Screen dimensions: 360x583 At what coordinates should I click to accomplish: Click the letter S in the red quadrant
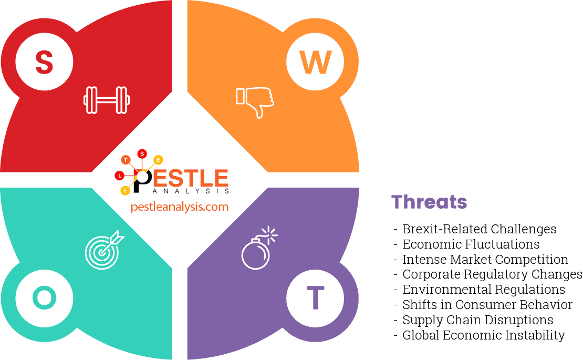point(44,62)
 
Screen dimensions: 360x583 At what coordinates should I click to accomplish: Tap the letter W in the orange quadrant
point(316,62)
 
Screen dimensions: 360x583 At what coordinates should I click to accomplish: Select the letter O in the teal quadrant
point(44,298)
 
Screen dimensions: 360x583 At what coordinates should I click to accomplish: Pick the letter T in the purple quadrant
point(315,298)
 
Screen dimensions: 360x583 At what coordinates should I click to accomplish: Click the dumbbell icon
point(107,100)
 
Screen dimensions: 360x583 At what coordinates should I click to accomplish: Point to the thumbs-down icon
point(255,101)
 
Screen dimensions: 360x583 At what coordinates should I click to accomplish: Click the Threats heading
point(429,202)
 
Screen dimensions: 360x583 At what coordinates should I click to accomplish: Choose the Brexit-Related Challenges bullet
point(479,229)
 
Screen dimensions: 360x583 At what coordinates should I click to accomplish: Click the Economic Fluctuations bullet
point(471,244)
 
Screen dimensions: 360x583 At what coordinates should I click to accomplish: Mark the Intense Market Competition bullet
point(485,260)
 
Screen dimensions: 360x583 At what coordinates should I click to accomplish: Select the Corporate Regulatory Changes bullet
point(492,274)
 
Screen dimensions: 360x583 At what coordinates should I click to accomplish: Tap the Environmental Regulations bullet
point(483,290)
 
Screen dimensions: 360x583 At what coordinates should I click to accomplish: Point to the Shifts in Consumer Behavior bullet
point(487,305)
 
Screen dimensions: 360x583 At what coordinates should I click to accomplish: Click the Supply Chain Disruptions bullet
point(477,320)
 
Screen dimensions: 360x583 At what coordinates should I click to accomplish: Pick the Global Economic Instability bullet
point(483,335)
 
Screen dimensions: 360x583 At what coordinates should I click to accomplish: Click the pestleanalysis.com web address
point(180,207)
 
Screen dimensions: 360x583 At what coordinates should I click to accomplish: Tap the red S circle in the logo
point(142,153)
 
